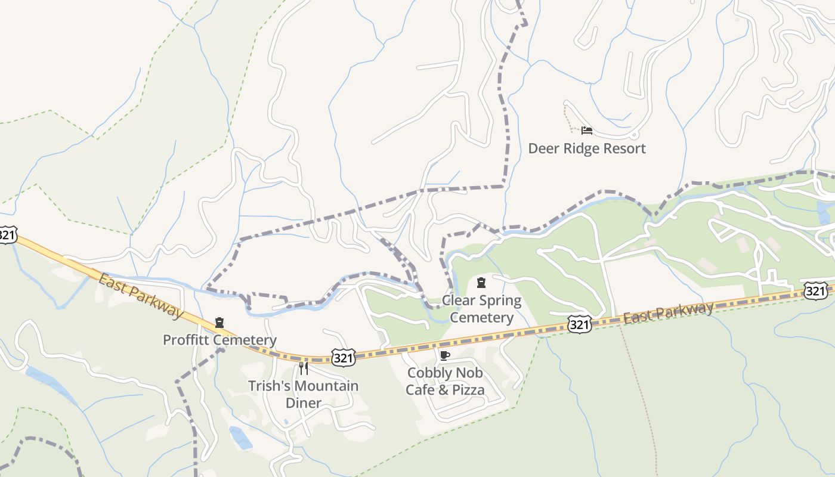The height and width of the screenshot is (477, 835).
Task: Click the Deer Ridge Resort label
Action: click(587, 148)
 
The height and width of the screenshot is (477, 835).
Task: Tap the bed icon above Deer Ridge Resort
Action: click(587, 131)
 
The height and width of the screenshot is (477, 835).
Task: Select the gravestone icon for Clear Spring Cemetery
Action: click(481, 283)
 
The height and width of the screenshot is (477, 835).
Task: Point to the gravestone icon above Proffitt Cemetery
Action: click(219, 323)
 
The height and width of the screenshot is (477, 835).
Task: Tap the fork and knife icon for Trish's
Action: click(303, 368)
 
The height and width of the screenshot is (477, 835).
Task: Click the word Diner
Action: click(304, 403)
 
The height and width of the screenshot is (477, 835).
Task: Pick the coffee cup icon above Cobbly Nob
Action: click(444, 356)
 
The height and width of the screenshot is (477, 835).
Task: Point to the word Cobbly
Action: click(429, 373)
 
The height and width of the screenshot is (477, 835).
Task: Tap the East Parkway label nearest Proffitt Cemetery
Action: click(140, 296)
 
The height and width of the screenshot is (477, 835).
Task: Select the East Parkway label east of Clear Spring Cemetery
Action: click(668, 313)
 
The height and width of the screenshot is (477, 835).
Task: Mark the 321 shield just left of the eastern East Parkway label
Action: click(579, 324)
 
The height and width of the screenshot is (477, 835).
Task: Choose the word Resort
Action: click(624, 148)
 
